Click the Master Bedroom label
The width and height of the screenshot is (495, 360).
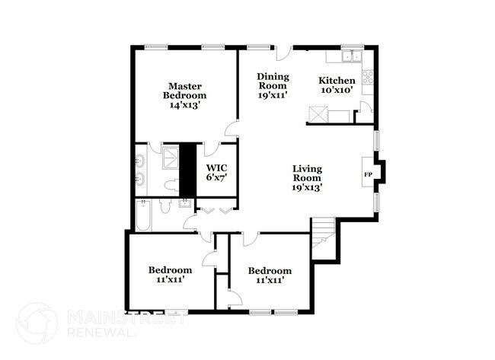click(184, 91)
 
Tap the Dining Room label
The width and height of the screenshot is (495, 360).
click(272, 81)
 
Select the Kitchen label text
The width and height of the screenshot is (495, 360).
click(337, 81)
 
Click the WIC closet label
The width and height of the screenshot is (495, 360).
click(217, 167)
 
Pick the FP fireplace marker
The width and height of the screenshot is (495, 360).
click(368, 174)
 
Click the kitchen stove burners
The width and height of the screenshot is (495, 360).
click(369, 76)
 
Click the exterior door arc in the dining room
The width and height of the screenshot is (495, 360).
click(283, 53)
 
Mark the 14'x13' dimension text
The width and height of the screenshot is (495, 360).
click(184, 105)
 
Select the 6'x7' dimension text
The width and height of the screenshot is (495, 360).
click(217, 177)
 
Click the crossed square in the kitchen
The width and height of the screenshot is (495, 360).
click(318, 115)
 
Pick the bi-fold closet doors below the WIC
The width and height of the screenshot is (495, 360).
click(216, 206)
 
